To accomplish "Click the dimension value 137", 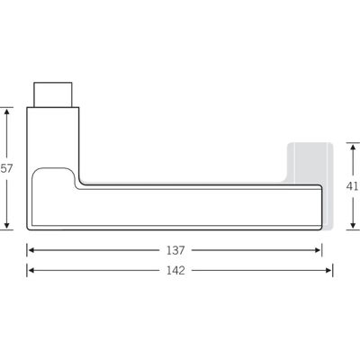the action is pyautogui.click(x=175, y=250).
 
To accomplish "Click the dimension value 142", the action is pyautogui.click(x=175, y=271).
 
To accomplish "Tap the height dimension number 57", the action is pyautogui.click(x=6, y=168).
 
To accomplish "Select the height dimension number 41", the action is pyautogui.click(x=352, y=186).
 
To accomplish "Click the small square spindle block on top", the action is pyautogui.click(x=53, y=94).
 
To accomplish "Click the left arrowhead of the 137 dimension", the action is pyautogui.click(x=30, y=250).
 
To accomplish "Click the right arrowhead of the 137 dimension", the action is pyautogui.click(x=319, y=250).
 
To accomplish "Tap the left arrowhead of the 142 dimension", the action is pyautogui.click(x=30, y=271).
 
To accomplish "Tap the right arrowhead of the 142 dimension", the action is pyautogui.click(x=328, y=271).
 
